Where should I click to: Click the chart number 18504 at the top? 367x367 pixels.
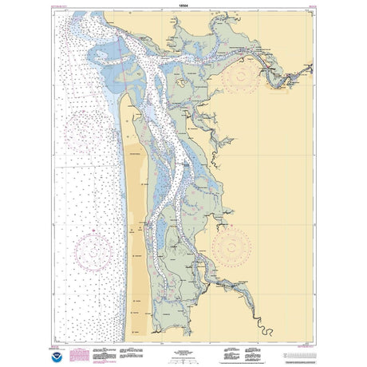[183, 4]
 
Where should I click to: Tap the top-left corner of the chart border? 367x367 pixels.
[57, 10]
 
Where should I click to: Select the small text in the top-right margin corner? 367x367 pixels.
[302, 5]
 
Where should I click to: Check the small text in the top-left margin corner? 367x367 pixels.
[65, 5]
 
